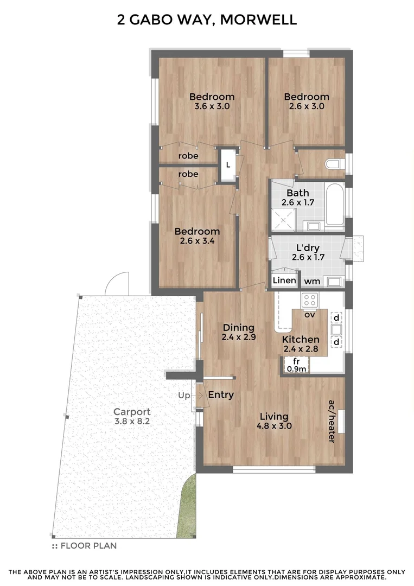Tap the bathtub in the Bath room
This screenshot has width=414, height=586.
point(335,205)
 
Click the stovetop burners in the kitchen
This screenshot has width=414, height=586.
point(310,300)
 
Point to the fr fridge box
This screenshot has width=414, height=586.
point(296,365)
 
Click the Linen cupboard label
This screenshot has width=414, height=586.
point(284,281)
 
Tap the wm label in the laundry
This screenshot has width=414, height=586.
point(311,281)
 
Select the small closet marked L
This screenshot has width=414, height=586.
point(228,164)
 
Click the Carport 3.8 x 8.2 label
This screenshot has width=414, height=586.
point(132,416)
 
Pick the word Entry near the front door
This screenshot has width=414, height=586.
point(221,394)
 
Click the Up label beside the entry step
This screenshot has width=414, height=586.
point(184,396)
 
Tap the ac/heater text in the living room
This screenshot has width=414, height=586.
point(331,422)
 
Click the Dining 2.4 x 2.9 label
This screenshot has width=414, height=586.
point(239,332)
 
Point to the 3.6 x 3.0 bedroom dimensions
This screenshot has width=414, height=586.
point(212,107)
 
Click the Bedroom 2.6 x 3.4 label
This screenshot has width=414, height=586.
point(197,236)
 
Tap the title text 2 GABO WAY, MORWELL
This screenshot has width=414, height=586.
point(207,21)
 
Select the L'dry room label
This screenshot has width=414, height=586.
point(308,252)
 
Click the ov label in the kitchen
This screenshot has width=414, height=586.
point(310,314)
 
